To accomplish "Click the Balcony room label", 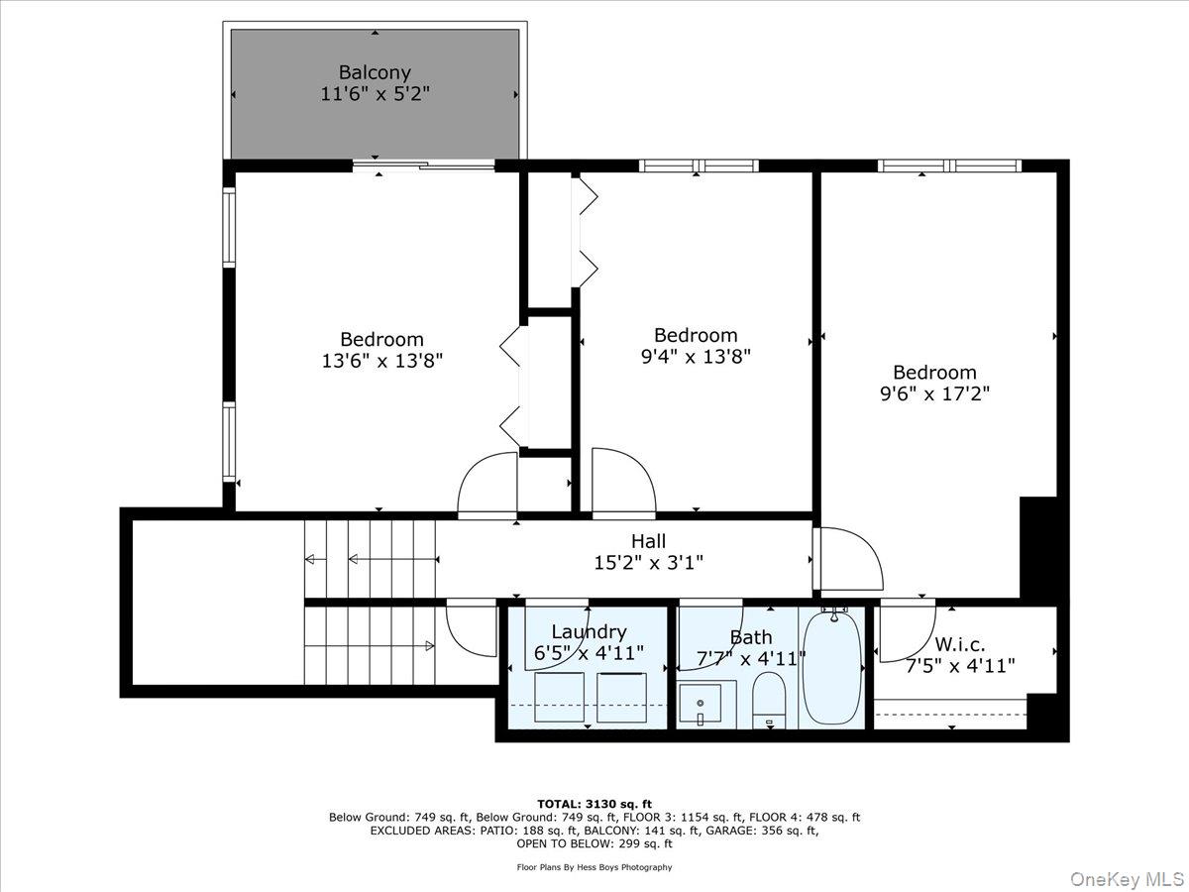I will tap(375, 72).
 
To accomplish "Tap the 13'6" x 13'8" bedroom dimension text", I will tap(381, 362).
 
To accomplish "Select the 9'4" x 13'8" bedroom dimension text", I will tap(696, 357).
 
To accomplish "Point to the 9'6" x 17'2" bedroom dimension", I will tap(933, 393).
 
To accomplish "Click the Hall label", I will tap(648, 541).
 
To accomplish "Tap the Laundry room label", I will tap(589, 632).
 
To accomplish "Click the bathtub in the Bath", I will tap(832, 669).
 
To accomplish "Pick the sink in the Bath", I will tap(706, 704).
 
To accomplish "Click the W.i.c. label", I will tap(959, 645).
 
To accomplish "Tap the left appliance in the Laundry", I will tap(559, 697).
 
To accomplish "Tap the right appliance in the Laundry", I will tap(622, 697).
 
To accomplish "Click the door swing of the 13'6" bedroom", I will tap(486, 486).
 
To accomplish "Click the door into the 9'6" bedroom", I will tap(850, 560).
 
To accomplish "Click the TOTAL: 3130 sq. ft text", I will tap(594, 804).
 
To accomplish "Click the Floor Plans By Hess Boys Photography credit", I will tap(594, 867).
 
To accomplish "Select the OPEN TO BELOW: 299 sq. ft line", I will tap(594, 844).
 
